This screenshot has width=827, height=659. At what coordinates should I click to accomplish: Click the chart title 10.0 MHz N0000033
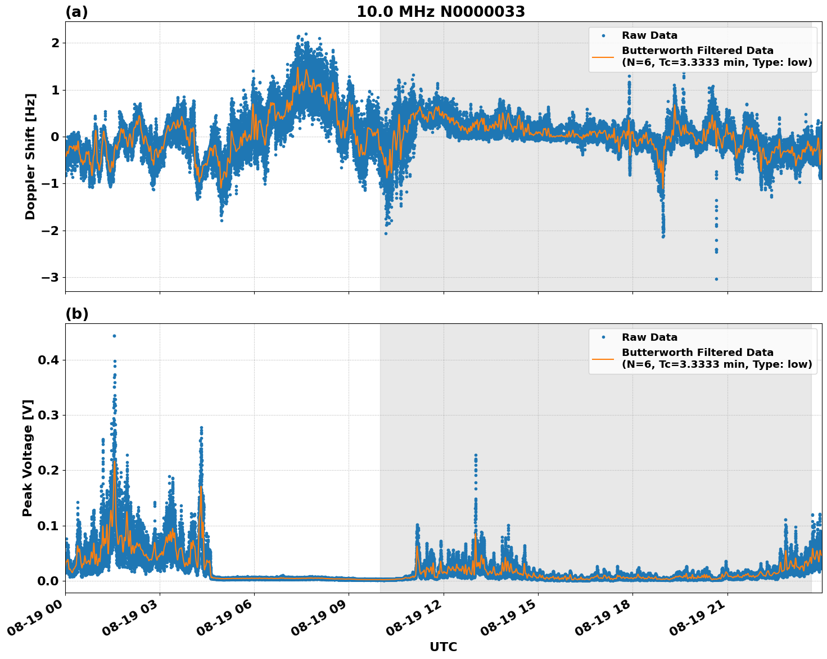tap(441, 12)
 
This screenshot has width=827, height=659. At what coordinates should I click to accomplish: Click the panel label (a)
tap(76, 12)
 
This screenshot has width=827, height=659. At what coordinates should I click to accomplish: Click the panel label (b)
tap(76, 314)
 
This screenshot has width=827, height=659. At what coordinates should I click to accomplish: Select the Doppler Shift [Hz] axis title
tap(30, 156)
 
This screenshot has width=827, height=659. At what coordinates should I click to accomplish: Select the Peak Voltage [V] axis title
tap(28, 458)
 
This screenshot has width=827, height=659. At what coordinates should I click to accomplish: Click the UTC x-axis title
tap(443, 647)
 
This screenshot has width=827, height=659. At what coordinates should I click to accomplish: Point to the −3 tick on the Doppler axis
tap(49, 278)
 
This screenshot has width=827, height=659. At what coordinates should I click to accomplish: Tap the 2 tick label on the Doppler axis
tap(55, 43)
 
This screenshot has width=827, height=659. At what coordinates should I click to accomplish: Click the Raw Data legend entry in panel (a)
tap(649, 36)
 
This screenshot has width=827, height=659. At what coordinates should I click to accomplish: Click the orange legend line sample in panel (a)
tap(603, 57)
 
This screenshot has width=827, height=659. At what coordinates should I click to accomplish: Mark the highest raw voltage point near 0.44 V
tap(114, 336)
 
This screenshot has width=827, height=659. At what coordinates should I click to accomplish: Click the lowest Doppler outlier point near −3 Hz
tap(716, 279)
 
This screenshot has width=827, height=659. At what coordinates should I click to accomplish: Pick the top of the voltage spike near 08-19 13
tap(476, 455)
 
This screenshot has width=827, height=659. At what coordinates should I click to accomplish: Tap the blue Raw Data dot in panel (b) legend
tap(603, 337)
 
